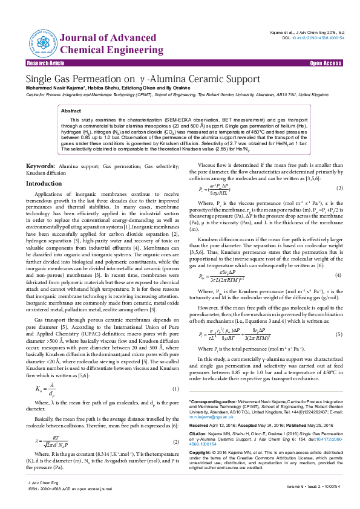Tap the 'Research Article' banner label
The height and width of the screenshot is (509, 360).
tap(44, 63)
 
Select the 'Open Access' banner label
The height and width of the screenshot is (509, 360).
tap(327, 63)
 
